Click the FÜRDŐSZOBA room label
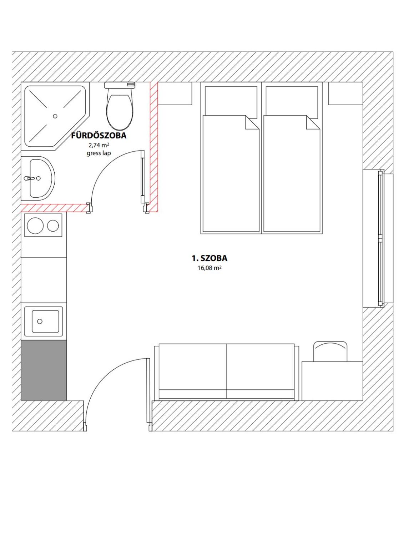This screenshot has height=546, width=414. (x=99, y=136)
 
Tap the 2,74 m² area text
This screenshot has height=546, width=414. (x=99, y=145)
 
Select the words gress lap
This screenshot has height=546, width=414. (x=99, y=153)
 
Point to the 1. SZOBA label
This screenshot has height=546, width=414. (x=209, y=258)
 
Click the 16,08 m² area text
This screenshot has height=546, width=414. (x=209, y=268)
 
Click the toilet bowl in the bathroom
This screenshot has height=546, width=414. (x=120, y=110)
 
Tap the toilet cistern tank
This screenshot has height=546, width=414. (x=120, y=85)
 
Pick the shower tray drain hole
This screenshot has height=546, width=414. (x=55, y=116)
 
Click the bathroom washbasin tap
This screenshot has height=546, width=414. (x=29, y=178)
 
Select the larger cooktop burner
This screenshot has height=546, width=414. (x=35, y=226)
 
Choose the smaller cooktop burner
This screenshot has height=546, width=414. (x=53, y=226)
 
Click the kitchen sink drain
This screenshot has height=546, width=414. (x=40, y=322)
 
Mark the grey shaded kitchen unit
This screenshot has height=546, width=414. (x=44, y=370)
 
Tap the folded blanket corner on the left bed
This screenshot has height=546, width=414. (x=252, y=122)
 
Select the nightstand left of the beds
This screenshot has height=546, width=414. (x=175, y=93)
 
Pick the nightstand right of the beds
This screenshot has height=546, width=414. (x=345, y=93)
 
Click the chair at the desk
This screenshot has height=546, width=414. (x=330, y=352)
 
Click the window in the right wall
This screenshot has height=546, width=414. (x=381, y=238)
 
